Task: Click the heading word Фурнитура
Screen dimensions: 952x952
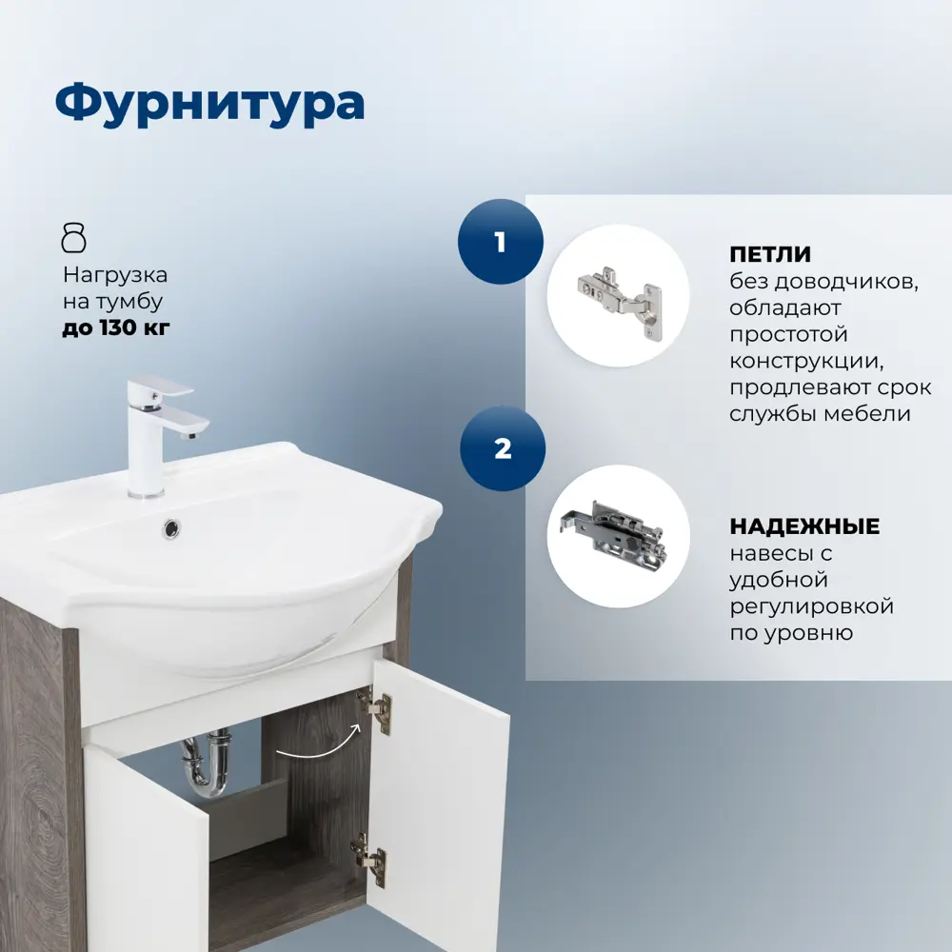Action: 209,104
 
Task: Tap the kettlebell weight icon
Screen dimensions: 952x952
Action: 74,237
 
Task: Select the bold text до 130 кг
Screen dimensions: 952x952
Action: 117,329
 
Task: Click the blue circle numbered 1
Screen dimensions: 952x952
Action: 501,242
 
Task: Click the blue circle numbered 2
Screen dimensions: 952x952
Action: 503,448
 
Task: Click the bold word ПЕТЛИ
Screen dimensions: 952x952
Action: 770,255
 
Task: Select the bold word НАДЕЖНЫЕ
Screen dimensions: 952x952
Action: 804,526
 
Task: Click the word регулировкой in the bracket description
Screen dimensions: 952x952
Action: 811,606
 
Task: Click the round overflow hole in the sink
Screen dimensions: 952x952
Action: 171,527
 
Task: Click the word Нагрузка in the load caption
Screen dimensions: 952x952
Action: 115,275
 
